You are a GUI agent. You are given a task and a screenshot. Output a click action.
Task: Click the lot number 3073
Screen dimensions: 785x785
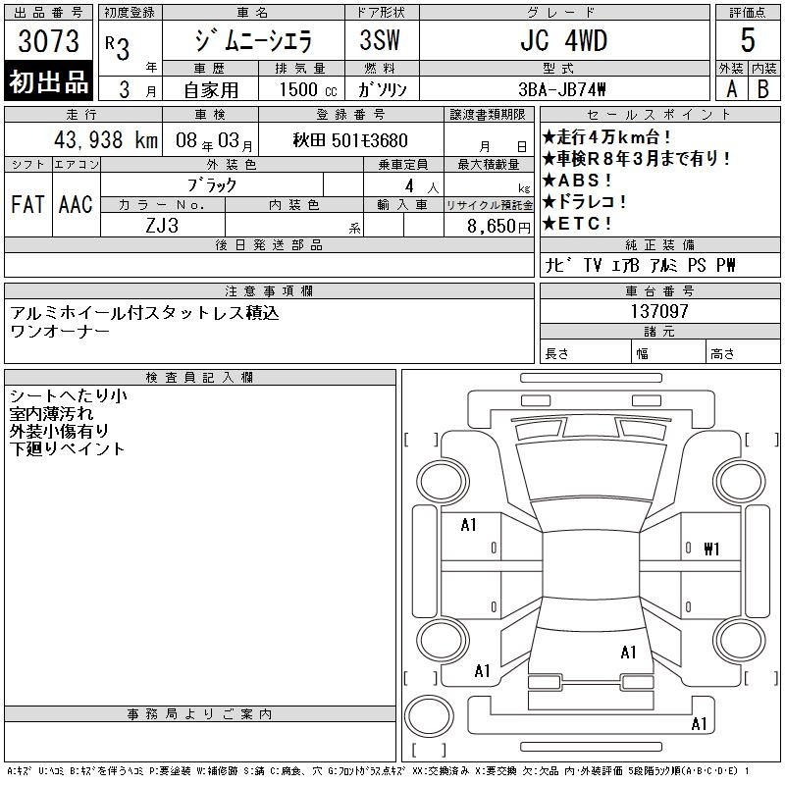[x=48, y=41]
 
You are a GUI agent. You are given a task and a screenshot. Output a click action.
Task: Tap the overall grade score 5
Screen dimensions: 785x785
[x=748, y=40]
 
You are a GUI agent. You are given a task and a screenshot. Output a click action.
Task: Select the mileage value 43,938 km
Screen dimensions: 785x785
[x=106, y=139]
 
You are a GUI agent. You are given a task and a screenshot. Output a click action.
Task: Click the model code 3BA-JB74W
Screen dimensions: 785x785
[x=561, y=89]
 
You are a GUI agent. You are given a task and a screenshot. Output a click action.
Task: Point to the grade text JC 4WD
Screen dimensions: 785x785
[x=563, y=40]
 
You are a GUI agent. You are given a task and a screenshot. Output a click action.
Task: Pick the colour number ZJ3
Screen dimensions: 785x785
[x=162, y=226]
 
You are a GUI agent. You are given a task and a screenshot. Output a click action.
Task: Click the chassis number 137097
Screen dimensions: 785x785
[x=659, y=311]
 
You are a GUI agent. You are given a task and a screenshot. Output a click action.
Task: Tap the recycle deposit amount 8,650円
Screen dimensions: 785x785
[x=498, y=227]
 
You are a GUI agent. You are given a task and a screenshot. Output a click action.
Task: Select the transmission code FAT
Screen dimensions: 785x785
[x=27, y=204]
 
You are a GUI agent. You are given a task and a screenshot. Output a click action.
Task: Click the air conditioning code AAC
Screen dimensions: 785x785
[x=76, y=204]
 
